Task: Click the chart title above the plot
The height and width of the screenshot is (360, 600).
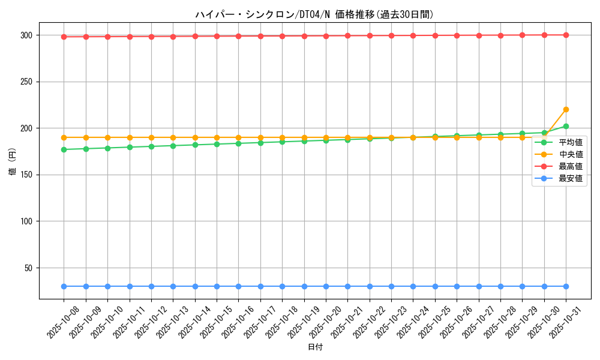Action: [x=314, y=14]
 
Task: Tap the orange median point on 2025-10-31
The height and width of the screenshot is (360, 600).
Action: [x=566, y=109]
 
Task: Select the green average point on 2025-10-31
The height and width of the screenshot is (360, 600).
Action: [x=566, y=126]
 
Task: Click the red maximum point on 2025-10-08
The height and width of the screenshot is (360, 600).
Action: [x=64, y=37]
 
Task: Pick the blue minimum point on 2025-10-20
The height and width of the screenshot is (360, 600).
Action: [x=326, y=286]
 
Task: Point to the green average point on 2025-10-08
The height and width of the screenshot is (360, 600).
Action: [x=64, y=149]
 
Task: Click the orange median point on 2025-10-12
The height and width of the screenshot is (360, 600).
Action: [x=151, y=137]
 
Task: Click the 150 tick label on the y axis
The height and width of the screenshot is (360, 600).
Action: [x=28, y=175]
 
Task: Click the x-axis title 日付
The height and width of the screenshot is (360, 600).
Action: [x=314, y=347]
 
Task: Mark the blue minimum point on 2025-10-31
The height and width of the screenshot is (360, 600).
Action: [x=566, y=286]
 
